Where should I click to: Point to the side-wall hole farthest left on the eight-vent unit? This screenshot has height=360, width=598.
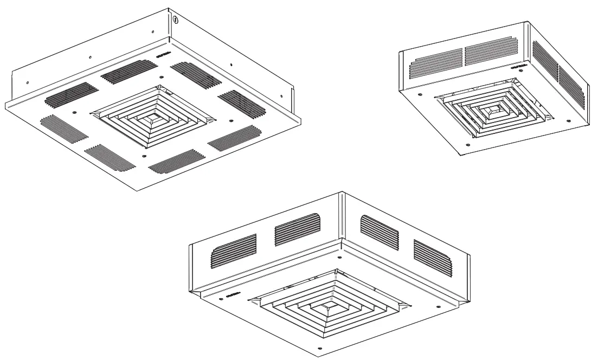[x=27, y=83]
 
